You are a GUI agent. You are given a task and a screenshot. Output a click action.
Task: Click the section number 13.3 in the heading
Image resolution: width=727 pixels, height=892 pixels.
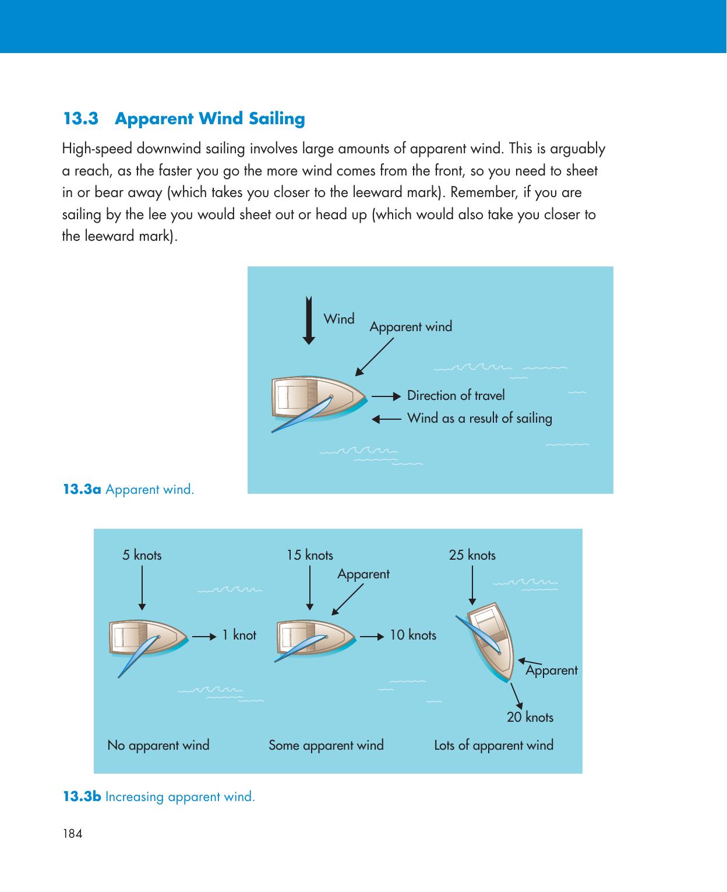pos(81,118)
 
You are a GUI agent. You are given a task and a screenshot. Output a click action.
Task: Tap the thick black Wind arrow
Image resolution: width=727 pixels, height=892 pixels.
pos(309,320)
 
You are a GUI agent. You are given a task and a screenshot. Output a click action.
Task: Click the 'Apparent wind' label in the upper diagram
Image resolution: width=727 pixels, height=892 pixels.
pos(411,326)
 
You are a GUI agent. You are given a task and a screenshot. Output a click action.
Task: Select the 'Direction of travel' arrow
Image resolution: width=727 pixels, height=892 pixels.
pos(386,396)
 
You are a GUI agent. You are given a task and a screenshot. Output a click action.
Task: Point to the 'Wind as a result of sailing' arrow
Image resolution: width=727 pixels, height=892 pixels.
pos(386,419)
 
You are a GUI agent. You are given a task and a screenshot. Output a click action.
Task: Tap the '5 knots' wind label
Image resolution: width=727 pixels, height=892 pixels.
pos(142,555)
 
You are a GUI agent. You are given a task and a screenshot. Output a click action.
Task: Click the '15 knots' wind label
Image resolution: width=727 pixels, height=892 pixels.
pos(310,555)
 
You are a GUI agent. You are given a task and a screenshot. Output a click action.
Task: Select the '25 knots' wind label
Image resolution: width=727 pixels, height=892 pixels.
pos(472,555)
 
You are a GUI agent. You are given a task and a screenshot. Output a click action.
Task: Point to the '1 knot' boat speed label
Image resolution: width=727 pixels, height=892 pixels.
pos(239,635)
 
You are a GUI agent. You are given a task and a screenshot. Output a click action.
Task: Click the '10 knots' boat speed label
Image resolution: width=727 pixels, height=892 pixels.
pos(413,635)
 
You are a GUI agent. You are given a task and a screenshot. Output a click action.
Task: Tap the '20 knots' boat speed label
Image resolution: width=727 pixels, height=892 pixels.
pos(530,717)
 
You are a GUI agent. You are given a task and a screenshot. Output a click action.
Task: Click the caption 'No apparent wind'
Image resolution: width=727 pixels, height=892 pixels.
pos(158,745)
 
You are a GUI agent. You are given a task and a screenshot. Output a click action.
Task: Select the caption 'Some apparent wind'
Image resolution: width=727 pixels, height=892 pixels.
pos(326,745)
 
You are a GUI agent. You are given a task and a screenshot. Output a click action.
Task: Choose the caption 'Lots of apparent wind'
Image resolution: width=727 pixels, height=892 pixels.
pos(493,745)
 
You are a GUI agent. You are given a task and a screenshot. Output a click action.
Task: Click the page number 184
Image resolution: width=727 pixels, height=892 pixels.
pos(73,834)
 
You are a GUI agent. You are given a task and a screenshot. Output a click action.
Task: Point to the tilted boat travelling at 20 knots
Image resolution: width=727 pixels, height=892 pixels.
pos(488,642)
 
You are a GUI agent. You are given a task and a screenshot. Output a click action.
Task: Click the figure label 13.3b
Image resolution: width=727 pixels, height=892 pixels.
pos(82,796)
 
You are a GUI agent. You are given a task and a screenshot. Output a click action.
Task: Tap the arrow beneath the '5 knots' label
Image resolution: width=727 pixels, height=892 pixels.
pos(142,588)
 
